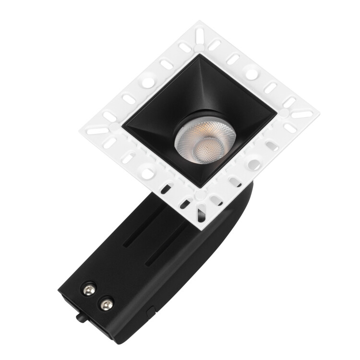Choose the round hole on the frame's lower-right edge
(x=254, y=164)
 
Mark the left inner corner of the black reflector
(x=122, y=125)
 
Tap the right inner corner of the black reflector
(x=277, y=114)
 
